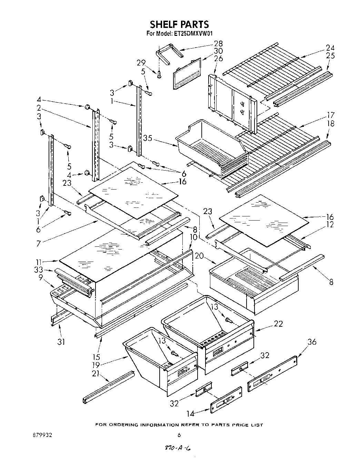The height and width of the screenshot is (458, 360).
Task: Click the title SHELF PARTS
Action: [x=179, y=24]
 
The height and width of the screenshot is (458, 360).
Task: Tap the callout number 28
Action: [x=218, y=43]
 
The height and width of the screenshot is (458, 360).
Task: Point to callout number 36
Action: [x=312, y=342]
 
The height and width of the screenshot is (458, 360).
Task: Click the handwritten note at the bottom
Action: [x=178, y=448]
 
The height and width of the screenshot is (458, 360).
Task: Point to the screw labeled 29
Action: [x=159, y=74]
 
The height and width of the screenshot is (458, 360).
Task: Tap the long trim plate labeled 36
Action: [x=272, y=372]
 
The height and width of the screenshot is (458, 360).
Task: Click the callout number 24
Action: [x=330, y=48]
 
